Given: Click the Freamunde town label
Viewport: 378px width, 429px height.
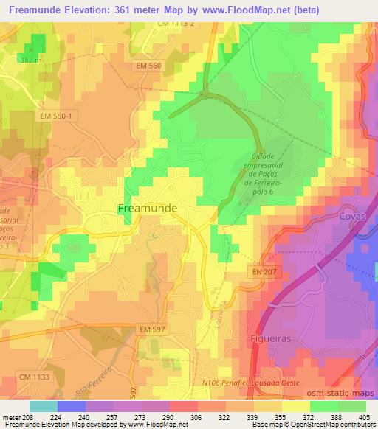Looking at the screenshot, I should pos(148,209).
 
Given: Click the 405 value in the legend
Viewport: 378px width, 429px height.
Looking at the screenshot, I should pos(363,417).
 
